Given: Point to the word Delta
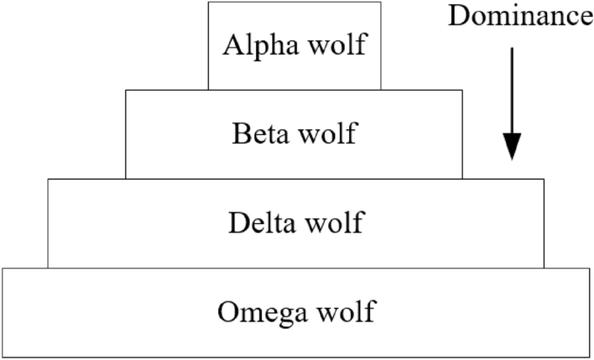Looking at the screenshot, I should point(260,223).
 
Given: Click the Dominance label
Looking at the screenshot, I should point(520,17).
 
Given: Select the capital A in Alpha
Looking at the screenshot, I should point(232,44).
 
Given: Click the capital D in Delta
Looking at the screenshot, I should point(237,223).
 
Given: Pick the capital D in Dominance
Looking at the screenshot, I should point(457,17).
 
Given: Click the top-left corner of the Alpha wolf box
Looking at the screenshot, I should point(209,3).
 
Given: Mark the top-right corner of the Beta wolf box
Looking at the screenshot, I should point(461,90).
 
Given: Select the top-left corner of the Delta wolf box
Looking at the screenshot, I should point(48,179).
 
